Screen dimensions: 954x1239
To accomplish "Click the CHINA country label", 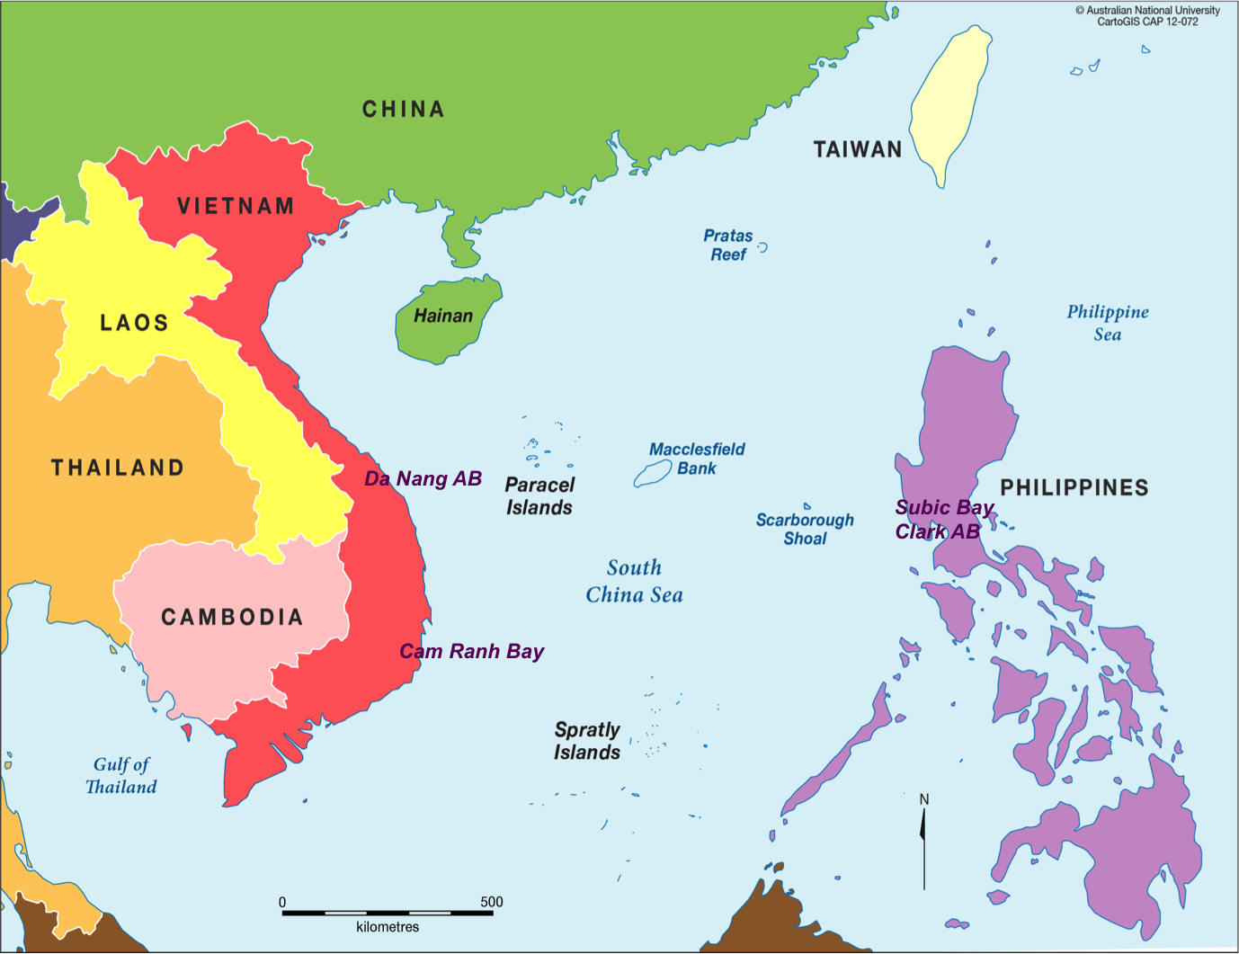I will pyautogui.click(x=403, y=109).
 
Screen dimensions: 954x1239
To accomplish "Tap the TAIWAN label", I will pyautogui.click(x=857, y=149).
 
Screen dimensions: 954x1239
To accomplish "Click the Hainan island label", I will pyautogui.click(x=443, y=316).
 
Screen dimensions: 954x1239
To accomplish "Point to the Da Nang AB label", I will pyautogui.click(x=423, y=478).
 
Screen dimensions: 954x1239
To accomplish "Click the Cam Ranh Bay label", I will pyautogui.click(x=471, y=651).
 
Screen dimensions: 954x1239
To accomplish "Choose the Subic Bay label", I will pyautogui.click(x=943, y=507).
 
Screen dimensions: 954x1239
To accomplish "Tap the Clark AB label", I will pyautogui.click(x=937, y=531).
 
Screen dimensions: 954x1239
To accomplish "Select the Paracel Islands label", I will pyautogui.click(x=539, y=496).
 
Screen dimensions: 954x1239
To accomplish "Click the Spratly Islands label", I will pyautogui.click(x=587, y=741).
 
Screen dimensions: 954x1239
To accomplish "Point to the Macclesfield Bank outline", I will pyautogui.click(x=653, y=474).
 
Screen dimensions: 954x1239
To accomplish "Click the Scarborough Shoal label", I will pyautogui.click(x=805, y=529).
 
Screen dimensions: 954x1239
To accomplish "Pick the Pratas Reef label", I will pyautogui.click(x=728, y=245).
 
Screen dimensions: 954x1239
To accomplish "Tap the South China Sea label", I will pyautogui.click(x=634, y=581).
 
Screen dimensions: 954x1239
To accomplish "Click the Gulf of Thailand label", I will pyautogui.click(x=121, y=775).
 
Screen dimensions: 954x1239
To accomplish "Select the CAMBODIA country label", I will pyautogui.click(x=232, y=617).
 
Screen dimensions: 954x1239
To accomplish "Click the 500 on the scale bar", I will pyautogui.click(x=491, y=902).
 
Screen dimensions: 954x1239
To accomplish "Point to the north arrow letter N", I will pyautogui.click(x=923, y=799).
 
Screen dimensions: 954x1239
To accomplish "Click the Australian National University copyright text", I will pyautogui.click(x=1147, y=11).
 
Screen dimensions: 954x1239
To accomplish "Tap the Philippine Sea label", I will pyautogui.click(x=1108, y=323).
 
